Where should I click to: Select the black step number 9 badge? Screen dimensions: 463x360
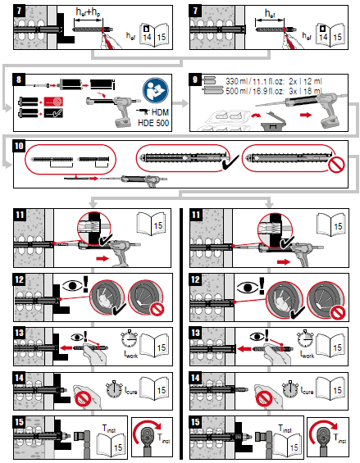click(x=194, y=79)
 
